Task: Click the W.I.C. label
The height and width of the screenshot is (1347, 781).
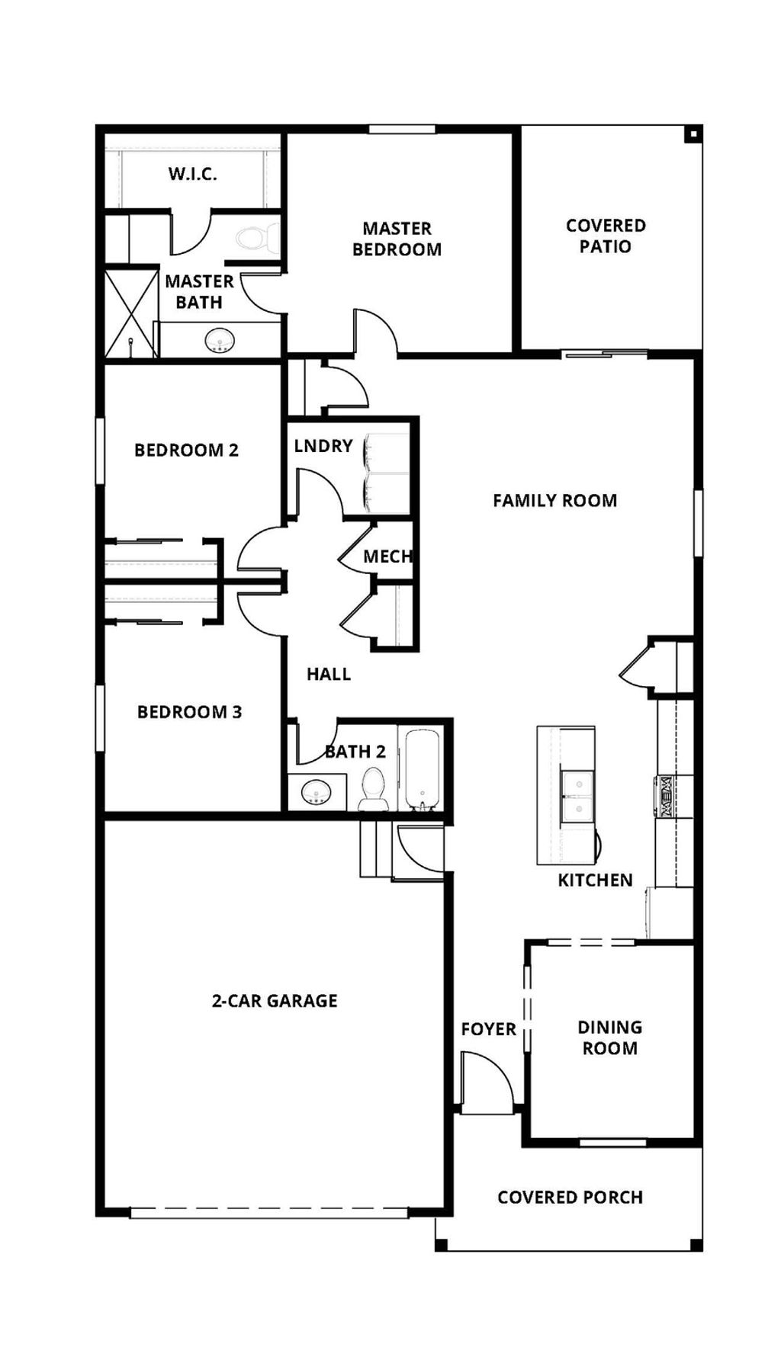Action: click(192, 174)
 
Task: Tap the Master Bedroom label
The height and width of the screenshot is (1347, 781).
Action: click(397, 239)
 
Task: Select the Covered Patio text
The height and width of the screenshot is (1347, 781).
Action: click(606, 236)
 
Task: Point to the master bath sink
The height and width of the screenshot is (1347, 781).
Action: click(220, 341)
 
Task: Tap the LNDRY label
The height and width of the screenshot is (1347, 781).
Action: click(323, 446)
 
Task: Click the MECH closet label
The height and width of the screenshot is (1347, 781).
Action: click(387, 556)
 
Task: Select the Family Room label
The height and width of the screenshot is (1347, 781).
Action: click(554, 501)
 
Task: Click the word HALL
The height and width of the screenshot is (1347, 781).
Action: click(329, 674)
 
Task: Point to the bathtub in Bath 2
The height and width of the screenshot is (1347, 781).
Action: click(421, 769)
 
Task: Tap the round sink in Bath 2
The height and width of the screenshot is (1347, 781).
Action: click(316, 793)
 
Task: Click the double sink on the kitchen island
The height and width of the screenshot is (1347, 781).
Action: click(577, 797)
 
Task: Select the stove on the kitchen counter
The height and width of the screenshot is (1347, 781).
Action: click(663, 796)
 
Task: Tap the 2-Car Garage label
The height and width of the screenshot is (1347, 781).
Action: click(275, 1001)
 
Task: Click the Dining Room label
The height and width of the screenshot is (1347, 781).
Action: click(609, 1038)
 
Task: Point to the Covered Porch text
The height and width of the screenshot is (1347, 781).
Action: click(570, 1198)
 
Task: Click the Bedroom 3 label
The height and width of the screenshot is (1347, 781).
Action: click(189, 712)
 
